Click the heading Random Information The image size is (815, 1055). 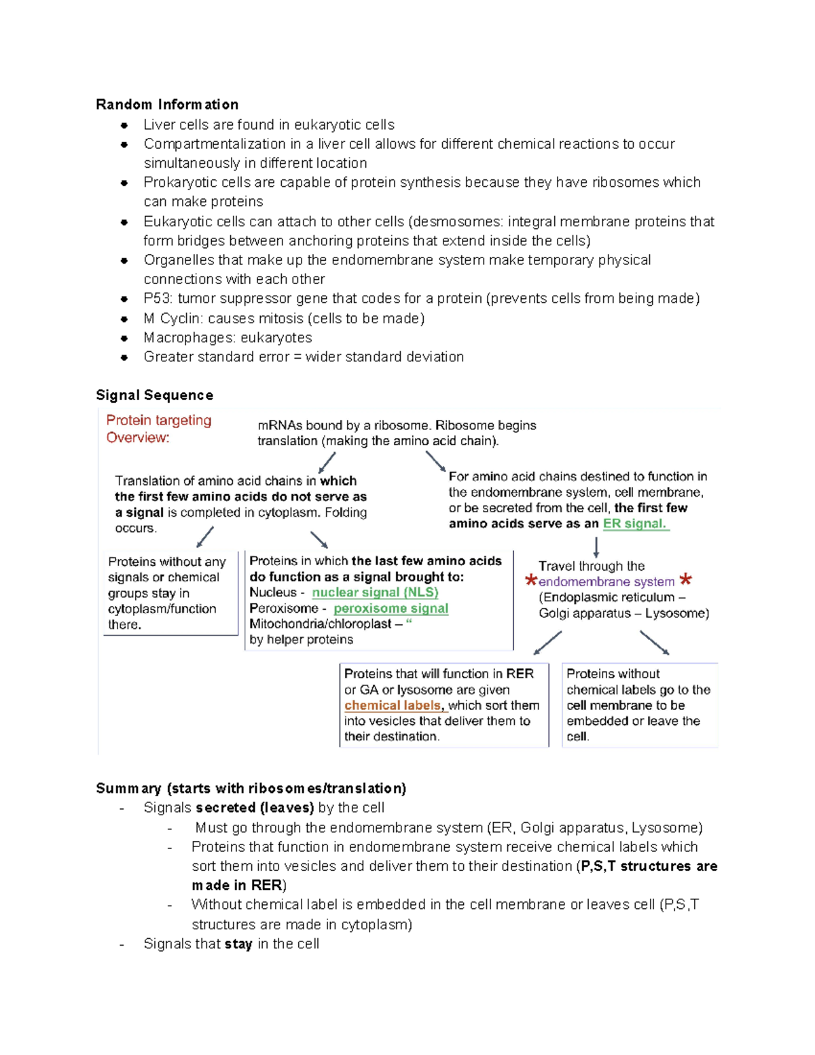(x=167, y=105)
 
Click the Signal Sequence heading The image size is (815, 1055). (x=154, y=395)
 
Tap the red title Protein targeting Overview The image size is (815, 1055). (x=158, y=429)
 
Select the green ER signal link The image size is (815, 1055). (x=634, y=524)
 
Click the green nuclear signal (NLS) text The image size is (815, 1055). (x=375, y=592)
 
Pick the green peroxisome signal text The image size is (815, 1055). (x=391, y=609)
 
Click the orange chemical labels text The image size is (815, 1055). (x=393, y=705)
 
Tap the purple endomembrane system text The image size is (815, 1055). (x=606, y=582)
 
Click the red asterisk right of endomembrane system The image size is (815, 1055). (x=686, y=580)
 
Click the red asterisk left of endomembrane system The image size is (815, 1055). (x=530, y=581)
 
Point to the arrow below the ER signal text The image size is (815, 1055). (x=596, y=547)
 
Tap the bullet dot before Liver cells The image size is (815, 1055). (x=124, y=125)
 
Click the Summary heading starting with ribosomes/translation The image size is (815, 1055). (x=251, y=789)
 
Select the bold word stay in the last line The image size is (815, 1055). (x=238, y=944)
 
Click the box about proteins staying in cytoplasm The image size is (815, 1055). (x=170, y=593)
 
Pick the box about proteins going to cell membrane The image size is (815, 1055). (x=639, y=705)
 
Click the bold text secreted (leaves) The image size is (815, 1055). (x=255, y=808)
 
